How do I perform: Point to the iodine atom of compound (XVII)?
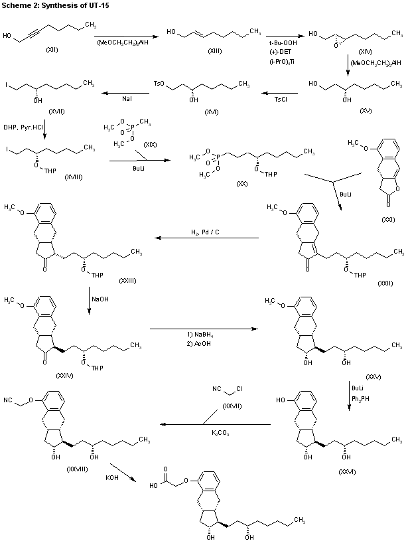pyautogui.click(x=6, y=85)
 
